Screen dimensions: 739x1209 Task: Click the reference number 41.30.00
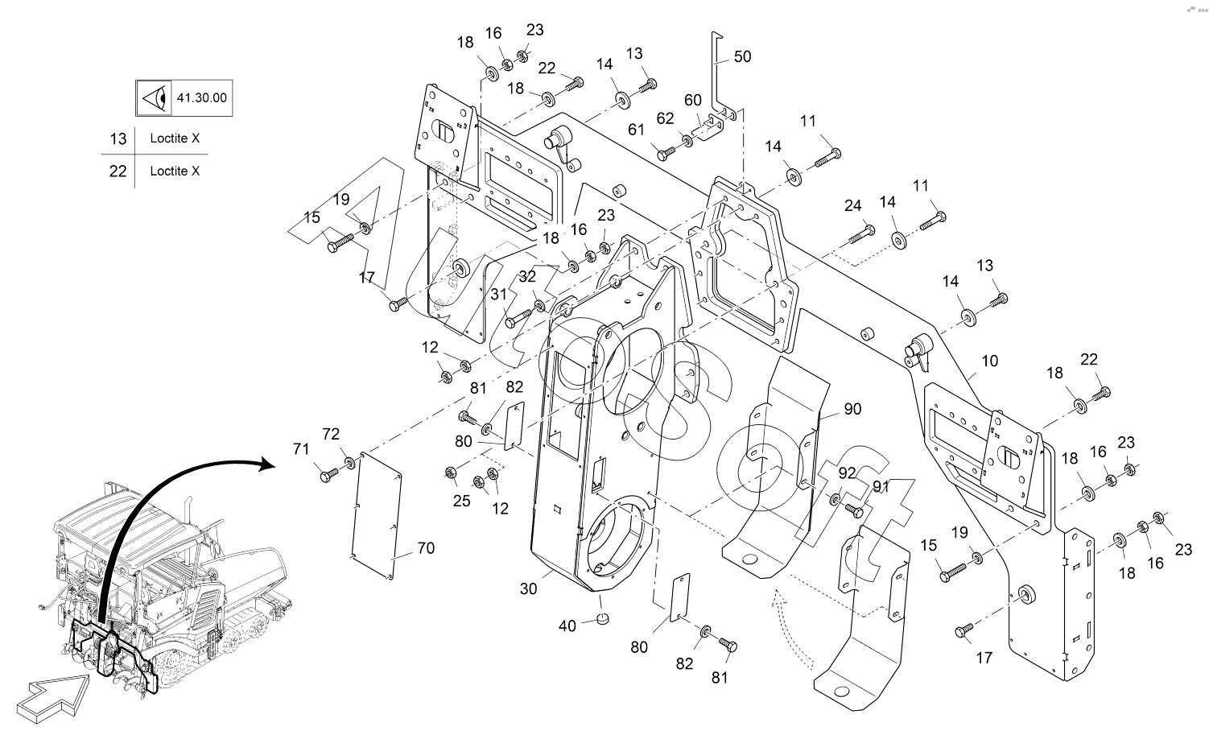click(x=201, y=98)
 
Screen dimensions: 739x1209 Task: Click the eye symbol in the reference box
click(x=154, y=98)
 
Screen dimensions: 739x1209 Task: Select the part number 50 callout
click(x=742, y=56)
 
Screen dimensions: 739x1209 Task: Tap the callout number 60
click(x=693, y=100)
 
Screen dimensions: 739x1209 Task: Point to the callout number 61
click(x=637, y=130)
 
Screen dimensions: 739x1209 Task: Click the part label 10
click(x=989, y=361)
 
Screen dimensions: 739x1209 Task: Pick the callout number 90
click(x=852, y=409)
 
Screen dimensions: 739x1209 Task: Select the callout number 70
click(x=426, y=548)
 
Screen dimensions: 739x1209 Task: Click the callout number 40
click(x=567, y=625)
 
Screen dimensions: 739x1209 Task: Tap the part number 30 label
click(x=528, y=588)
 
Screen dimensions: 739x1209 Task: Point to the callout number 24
click(x=853, y=206)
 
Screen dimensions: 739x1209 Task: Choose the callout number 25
click(x=461, y=501)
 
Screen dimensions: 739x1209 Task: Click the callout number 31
click(x=499, y=295)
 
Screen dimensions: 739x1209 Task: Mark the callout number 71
click(x=301, y=449)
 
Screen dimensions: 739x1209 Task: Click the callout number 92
click(x=847, y=473)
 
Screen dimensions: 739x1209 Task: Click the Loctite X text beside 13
click(x=175, y=138)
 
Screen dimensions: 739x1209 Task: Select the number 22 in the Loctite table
click(x=118, y=171)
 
